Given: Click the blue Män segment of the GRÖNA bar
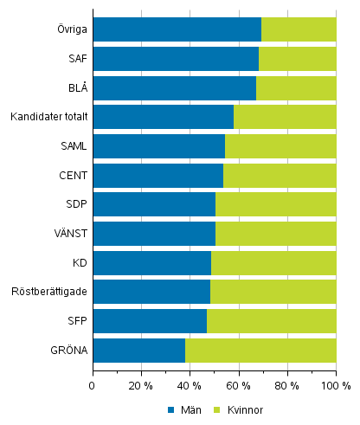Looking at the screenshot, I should (x=138, y=351).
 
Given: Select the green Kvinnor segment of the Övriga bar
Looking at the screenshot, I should (x=299, y=29).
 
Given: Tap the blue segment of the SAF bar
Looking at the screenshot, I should (x=176, y=59).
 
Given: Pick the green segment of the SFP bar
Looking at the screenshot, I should (x=271, y=321).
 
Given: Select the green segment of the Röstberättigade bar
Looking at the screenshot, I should (x=273, y=292).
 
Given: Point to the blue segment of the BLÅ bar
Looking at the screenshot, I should (x=174, y=88).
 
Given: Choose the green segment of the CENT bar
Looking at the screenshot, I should (x=280, y=176).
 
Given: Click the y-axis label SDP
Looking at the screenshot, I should (x=74, y=204).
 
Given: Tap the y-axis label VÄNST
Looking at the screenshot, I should (x=69, y=234).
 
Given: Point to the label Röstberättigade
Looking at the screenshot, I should (x=48, y=292).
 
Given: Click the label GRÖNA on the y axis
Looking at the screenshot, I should (x=67, y=351).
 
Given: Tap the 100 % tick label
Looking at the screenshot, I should (x=335, y=385).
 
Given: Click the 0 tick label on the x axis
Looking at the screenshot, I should (x=93, y=385).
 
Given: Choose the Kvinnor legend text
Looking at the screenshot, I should (x=245, y=409).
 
